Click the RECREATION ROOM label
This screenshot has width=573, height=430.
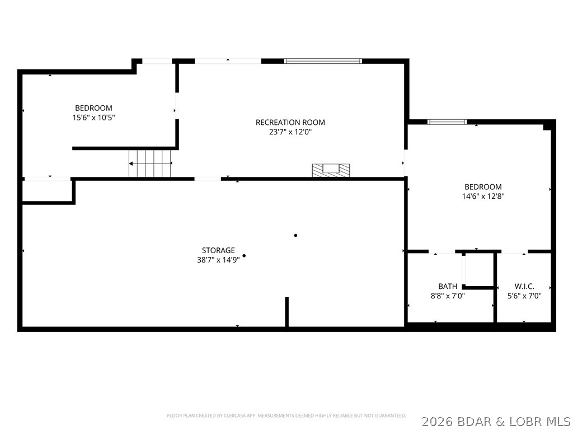pyautogui.click(x=290, y=122)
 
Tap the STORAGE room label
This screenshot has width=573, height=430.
pyautogui.click(x=218, y=250)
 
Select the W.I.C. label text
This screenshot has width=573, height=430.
pyautogui.click(x=524, y=286)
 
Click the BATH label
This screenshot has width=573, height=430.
pyautogui.click(x=448, y=286)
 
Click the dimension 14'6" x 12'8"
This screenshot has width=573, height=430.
pyautogui.click(x=483, y=197)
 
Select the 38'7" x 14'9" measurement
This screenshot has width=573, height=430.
pyautogui.click(x=218, y=260)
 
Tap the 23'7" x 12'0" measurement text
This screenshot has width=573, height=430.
pyautogui.click(x=290, y=132)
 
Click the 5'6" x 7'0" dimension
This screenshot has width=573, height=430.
pyautogui.click(x=524, y=296)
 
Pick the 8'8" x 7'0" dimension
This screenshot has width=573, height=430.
pyautogui.click(x=448, y=296)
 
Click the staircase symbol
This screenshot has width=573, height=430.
pyautogui.click(x=150, y=163)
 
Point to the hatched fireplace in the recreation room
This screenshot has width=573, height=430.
pyautogui.click(x=331, y=170)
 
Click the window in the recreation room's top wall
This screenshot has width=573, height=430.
pyautogui.click(x=323, y=61)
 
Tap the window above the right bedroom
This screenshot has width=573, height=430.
pyautogui.click(x=447, y=122)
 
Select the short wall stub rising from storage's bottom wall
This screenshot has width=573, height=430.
pyautogui.click(x=287, y=311)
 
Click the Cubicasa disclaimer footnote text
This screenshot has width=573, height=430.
pyautogui.click(x=286, y=416)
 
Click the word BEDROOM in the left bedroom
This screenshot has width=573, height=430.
pyautogui.click(x=93, y=108)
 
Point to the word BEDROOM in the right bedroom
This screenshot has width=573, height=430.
pyautogui.click(x=483, y=187)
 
